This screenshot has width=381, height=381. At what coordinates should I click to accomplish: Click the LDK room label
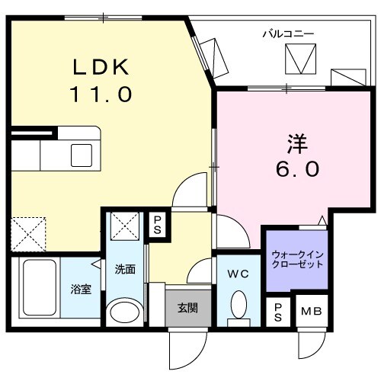[x=101, y=67]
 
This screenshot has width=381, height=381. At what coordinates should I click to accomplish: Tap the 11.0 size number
[x=102, y=94]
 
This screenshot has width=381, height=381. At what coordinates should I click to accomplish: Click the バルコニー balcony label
[x=288, y=33]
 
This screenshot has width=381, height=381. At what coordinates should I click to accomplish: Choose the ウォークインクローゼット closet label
[x=297, y=259]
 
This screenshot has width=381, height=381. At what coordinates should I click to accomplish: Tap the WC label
[x=237, y=272]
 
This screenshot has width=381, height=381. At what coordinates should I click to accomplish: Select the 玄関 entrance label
[x=187, y=308]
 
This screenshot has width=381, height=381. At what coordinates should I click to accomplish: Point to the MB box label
[x=311, y=310]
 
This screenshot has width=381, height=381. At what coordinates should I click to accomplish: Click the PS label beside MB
[x=277, y=310]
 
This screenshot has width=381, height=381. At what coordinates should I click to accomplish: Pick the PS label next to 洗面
[x=158, y=224]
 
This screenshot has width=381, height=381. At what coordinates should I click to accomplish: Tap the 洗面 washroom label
[x=126, y=269]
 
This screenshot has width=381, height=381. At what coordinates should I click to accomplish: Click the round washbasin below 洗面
[x=124, y=312]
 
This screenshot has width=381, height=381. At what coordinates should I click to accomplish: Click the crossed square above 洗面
[x=125, y=226]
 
